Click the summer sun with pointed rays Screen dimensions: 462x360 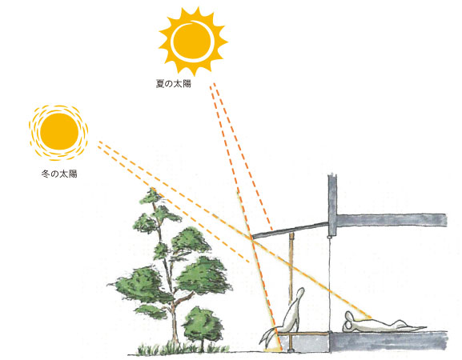[x=193, y=42]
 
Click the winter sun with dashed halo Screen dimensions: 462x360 [x=58, y=133]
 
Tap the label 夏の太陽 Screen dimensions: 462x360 [x=173, y=84]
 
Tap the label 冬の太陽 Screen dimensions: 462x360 [x=59, y=174]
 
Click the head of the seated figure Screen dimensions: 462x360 [x=299, y=294]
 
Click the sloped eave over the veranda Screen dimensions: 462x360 [x=291, y=230]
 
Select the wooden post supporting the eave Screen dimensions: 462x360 [x=291, y=291]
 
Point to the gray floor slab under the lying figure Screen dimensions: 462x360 [x=388, y=341]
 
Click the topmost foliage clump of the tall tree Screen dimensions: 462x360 [x=152, y=196]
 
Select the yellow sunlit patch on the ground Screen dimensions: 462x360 [x=272, y=350]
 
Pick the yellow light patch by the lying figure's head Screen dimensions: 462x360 [x=364, y=318]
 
